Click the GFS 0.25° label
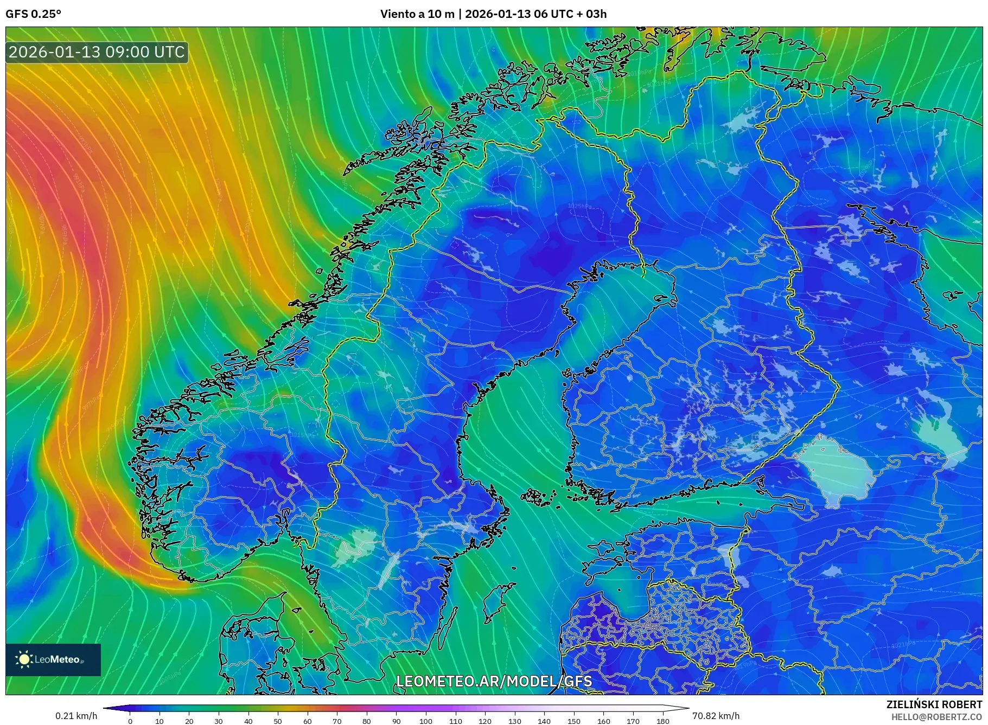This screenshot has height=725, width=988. [33, 14]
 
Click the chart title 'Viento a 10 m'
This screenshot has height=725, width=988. [417, 14]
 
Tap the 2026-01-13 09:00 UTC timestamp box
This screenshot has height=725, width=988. [97, 52]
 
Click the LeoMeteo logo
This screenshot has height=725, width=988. [53, 659]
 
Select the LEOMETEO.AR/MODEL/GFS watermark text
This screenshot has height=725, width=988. [494, 682]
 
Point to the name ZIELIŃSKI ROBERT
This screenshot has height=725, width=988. [934, 704]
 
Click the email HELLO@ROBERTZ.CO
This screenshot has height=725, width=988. [936, 716]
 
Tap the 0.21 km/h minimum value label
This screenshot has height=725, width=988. [76, 716]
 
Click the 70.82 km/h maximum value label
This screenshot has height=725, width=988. [716, 716]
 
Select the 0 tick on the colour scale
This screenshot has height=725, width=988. [130, 721]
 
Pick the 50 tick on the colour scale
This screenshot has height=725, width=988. [278, 721]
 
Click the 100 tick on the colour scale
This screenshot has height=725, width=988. [426, 721]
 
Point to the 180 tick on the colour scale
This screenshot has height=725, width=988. [662, 721]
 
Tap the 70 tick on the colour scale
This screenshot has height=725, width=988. [337, 721]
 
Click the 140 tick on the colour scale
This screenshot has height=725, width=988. [544, 721]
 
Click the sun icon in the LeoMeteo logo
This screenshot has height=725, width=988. [24, 659]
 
